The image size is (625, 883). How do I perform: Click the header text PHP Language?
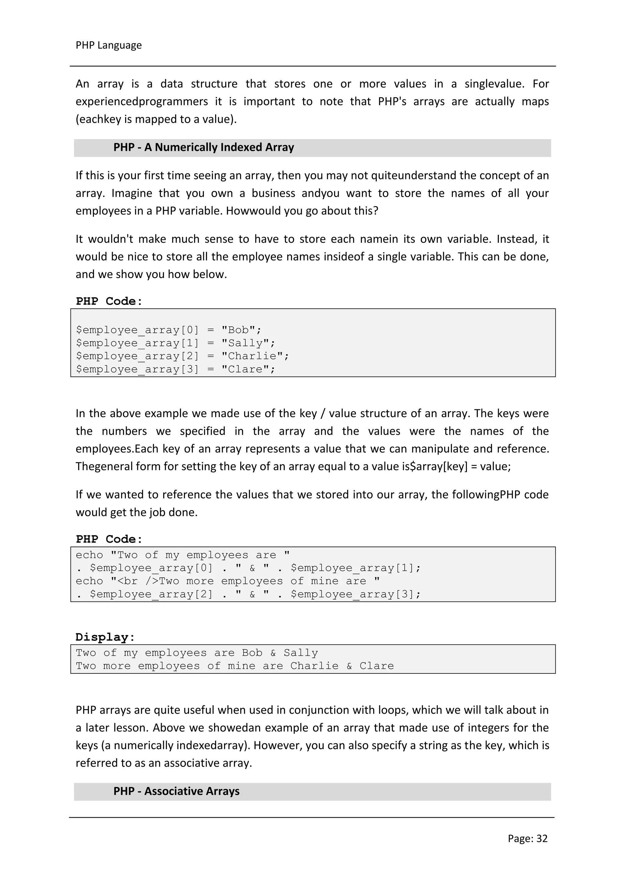(x=109, y=45)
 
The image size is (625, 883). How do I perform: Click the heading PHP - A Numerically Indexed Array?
(x=204, y=147)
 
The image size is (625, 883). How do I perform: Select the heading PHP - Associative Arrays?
(x=176, y=791)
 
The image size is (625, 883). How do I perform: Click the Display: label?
(x=105, y=637)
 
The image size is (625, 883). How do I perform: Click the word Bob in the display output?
(x=252, y=653)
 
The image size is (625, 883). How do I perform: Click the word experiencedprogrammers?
(x=141, y=102)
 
